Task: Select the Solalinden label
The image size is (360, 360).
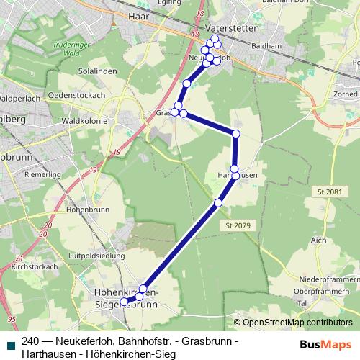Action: [94, 73]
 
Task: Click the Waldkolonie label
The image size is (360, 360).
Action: [85, 121]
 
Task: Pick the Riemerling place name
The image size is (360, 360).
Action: [42, 174]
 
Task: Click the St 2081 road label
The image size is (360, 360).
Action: [329, 192]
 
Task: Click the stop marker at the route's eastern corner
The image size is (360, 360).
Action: [235, 133]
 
